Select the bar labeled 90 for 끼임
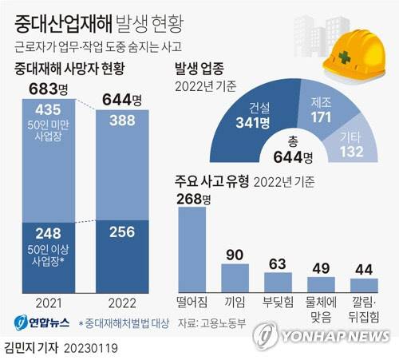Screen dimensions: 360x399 [x=235, y=275]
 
